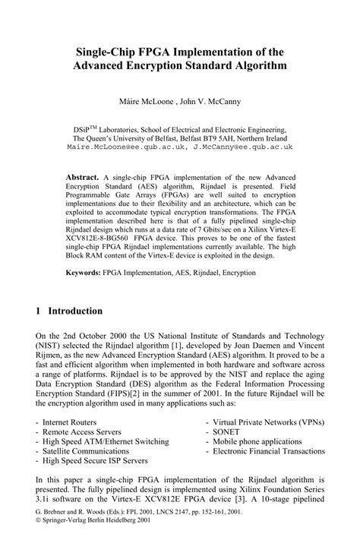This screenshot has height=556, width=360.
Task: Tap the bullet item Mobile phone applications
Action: point(257,440)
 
